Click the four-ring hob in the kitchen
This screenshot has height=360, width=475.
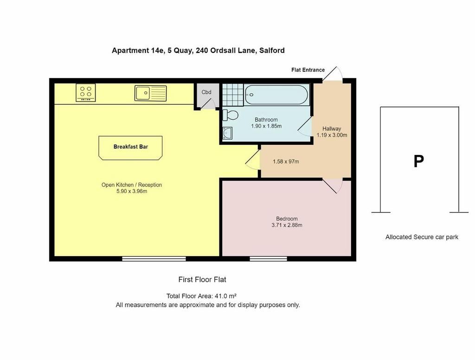tap(86, 92)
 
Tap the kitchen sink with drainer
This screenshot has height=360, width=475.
tap(151, 93)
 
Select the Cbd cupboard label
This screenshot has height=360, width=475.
tap(206, 92)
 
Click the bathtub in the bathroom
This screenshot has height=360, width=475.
tap(276, 95)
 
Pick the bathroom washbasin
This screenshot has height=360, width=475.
tap(227, 133)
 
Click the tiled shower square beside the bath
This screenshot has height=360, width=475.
tap(233, 95)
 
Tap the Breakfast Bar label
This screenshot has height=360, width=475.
tap(130, 147)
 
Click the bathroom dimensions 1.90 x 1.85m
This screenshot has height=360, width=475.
tap(266, 126)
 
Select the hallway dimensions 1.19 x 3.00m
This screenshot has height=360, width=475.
tap(332, 135)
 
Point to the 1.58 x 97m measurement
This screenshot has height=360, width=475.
tap(286, 161)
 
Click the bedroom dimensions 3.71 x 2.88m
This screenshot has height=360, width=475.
tap(287, 225)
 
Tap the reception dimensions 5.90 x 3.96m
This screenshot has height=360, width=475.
tap(132, 191)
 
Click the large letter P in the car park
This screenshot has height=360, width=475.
tap(419, 161)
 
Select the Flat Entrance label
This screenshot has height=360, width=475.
tap(308, 70)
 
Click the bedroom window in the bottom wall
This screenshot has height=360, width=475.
tap(269, 259)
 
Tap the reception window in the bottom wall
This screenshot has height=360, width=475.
tap(154, 259)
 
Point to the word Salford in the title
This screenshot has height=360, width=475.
tap(272, 50)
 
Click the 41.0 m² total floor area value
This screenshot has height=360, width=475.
tap(225, 296)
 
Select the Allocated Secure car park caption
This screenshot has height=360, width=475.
tap(422, 237)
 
